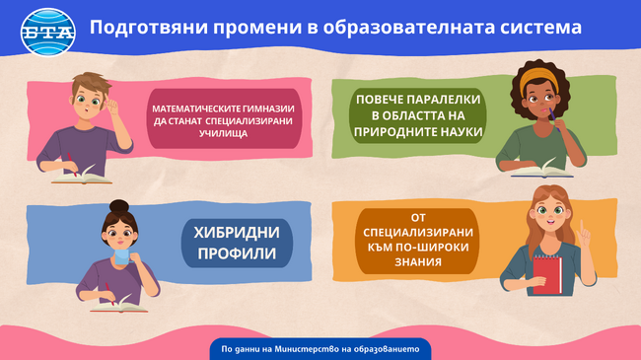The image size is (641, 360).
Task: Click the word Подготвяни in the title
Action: click(143, 27)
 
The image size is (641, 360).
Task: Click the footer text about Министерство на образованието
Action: click(320, 348)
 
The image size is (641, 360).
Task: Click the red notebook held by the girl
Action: click(545, 273)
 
